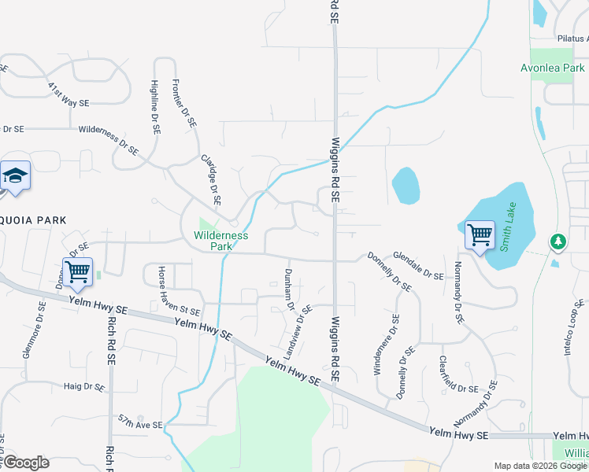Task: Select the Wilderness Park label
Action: (x=221, y=241)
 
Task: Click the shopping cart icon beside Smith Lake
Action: (x=479, y=234)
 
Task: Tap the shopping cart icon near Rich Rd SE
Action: (x=77, y=272)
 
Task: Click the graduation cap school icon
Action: (x=15, y=175)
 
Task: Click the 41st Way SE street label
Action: (x=68, y=94)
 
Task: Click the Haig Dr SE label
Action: (x=84, y=387)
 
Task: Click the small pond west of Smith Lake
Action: (x=405, y=186)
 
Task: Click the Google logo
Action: (x=25, y=463)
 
